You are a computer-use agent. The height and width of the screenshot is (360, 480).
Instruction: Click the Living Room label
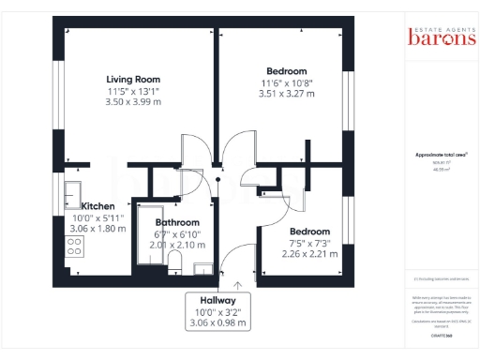(x=133, y=79)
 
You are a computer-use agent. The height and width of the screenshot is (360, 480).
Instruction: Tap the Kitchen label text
(x=97, y=205)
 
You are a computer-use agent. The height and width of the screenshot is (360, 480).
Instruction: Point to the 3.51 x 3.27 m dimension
(x=287, y=94)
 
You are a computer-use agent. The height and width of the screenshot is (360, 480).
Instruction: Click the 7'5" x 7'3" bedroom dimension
(x=309, y=242)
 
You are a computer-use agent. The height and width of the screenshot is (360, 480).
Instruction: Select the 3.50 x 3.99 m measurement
(x=133, y=101)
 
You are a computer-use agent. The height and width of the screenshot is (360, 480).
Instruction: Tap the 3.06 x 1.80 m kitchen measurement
(x=97, y=228)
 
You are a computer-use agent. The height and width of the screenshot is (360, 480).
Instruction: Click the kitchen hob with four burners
(x=74, y=247)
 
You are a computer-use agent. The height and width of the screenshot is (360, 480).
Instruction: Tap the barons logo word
(x=441, y=38)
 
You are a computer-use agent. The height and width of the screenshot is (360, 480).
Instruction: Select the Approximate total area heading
(x=441, y=155)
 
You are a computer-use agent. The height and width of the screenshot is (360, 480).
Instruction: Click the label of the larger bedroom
(x=287, y=71)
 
